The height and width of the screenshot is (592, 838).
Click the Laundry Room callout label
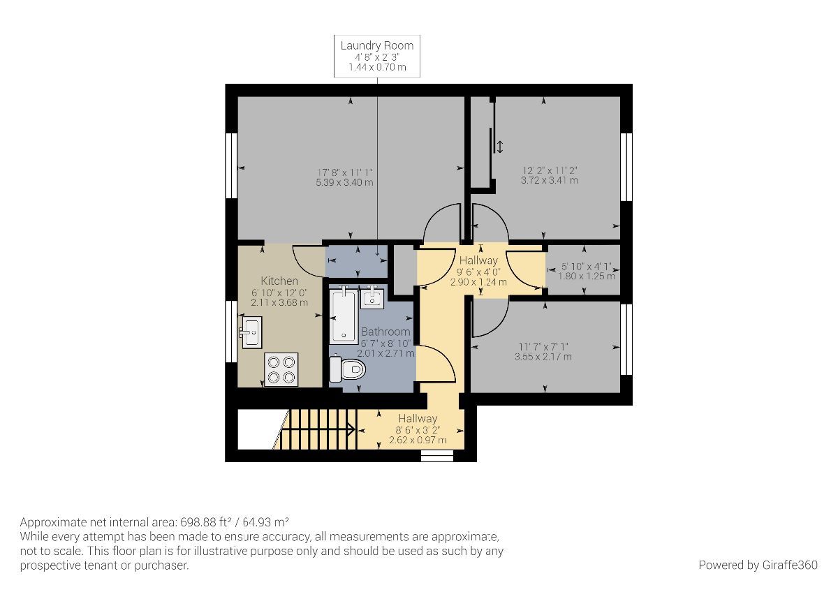click(377, 57)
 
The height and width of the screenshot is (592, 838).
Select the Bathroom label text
click(385, 332)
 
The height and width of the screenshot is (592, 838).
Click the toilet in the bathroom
click(347, 369)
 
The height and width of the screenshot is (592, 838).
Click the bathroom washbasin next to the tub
click(372, 297)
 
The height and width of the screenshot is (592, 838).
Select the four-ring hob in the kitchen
click(281, 369)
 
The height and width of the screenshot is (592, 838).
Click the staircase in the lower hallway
click(318, 429)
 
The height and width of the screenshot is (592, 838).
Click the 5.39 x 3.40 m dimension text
click(345, 182)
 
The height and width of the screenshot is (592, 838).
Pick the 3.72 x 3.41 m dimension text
click(550, 180)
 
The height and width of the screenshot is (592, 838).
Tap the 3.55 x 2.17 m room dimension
click(544, 357)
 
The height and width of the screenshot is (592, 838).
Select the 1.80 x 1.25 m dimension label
click(587, 276)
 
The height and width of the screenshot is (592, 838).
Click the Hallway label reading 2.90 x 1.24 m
click(478, 281)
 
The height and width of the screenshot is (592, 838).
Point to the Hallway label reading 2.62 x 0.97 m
click(418, 440)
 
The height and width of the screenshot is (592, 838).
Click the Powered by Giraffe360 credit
click(758, 565)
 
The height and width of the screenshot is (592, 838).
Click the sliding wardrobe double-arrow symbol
click(499, 147)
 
